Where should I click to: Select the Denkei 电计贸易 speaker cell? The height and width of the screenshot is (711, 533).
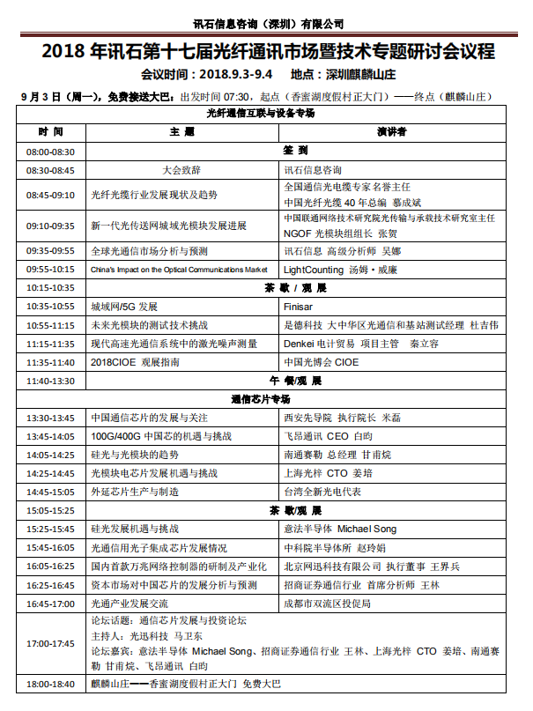(360, 344)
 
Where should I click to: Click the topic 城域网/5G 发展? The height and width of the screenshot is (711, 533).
(124, 307)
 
